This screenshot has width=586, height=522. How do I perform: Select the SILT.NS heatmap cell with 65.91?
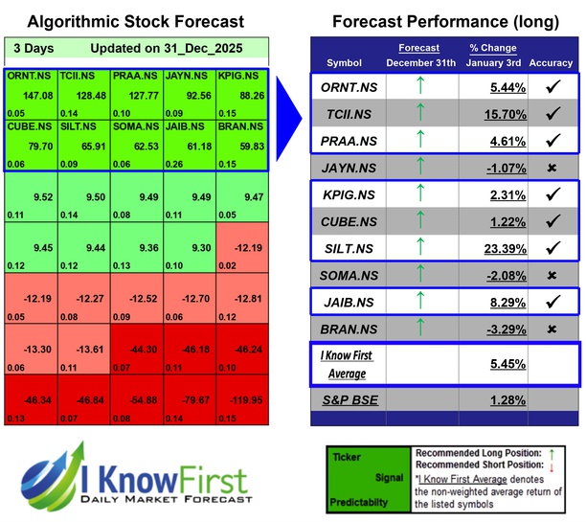[83, 148]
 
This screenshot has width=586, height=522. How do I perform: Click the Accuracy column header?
[551, 63]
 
